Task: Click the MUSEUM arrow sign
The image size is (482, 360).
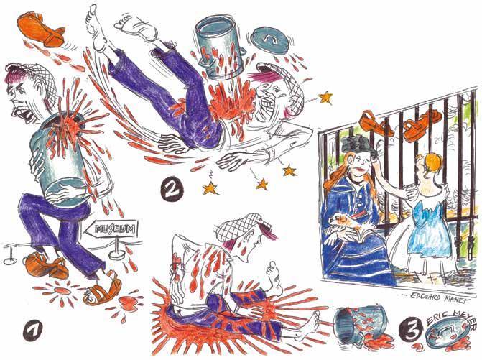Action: [111, 229]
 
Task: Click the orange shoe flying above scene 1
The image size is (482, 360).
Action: [41, 30]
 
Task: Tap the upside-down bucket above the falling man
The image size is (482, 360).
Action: [220, 49]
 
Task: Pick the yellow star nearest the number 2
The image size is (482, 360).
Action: [211, 188]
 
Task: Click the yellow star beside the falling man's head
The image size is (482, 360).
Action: [325, 98]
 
